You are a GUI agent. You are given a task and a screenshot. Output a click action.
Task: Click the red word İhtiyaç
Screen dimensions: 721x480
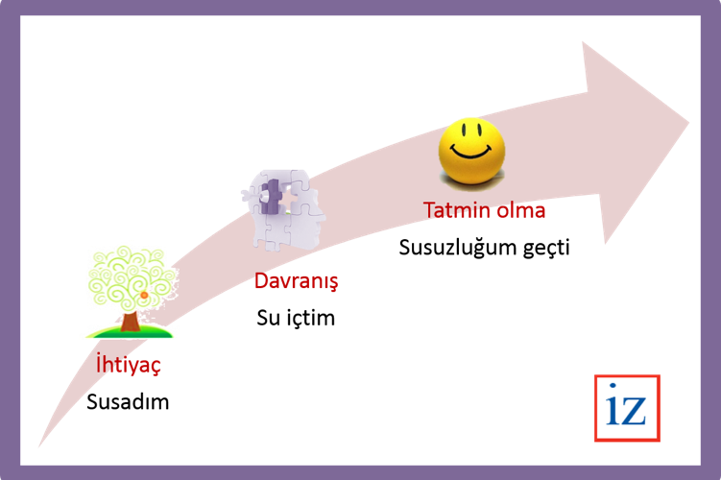[x=129, y=365]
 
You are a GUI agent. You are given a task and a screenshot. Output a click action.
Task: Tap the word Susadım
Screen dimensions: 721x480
[x=128, y=402]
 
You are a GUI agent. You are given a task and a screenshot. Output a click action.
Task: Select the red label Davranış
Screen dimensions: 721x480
[x=296, y=281]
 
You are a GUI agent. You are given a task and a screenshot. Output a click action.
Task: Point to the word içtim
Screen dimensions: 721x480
[x=311, y=318]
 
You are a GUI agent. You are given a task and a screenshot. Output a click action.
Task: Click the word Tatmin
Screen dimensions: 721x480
[x=457, y=210]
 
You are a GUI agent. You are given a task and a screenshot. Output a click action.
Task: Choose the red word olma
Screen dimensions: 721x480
[x=521, y=210]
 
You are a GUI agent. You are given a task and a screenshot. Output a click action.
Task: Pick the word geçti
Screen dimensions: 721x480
[x=546, y=248]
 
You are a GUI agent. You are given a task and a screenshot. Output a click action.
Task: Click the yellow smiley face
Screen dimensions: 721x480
[x=471, y=152]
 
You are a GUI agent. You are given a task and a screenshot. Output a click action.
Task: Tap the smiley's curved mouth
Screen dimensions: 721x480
[x=470, y=152]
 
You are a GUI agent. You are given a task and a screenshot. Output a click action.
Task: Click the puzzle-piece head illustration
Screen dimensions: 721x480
[x=284, y=209]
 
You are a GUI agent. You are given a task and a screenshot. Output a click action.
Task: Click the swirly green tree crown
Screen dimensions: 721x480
[x=132, y=278]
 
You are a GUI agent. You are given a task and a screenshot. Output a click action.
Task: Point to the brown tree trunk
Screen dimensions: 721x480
[x=131, y=322]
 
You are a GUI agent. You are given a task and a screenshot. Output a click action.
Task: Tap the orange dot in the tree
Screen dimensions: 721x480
[x=144, y=295]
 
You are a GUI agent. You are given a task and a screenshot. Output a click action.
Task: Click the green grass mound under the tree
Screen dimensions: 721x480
[x=130, y=331]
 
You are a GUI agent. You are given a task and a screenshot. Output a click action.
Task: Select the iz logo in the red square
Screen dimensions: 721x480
[x=627, y=408]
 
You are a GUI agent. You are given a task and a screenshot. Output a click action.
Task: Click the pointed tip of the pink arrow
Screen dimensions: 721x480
[x=688, y=122]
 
